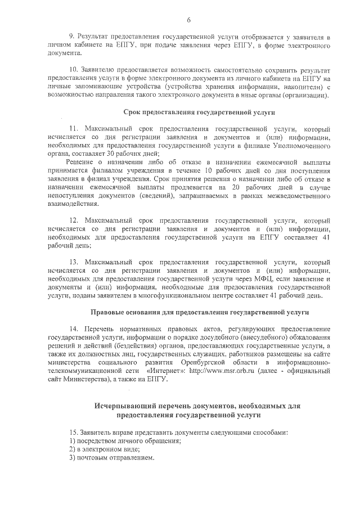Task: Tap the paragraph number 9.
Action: (x=71, y=37)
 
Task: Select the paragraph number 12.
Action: (x=73, y=220)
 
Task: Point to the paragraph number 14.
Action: (x=73, y=328)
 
